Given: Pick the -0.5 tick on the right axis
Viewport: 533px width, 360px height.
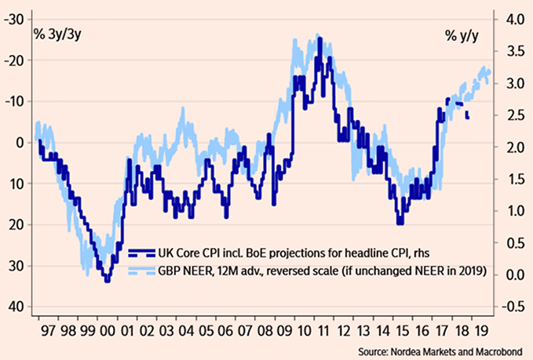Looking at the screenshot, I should tap(511, 307).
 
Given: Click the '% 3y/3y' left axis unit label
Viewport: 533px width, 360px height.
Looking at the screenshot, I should tap(53, 35).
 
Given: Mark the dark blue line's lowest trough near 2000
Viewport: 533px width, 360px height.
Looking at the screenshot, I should tap(107, 280).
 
